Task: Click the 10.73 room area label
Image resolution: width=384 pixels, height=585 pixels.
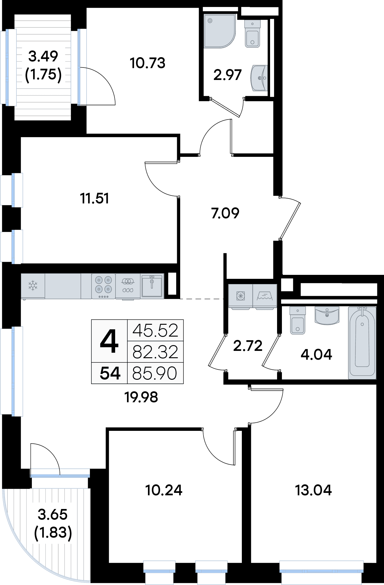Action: [x=147, y=63]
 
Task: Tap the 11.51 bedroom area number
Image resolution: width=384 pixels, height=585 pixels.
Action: [x=94, y=199]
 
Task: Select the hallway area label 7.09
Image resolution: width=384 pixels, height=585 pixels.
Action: [x=225, y=213]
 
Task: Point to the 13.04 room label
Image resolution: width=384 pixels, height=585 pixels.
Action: [x=314, y=490]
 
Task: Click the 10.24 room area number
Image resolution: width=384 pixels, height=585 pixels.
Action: [x=164, y=490]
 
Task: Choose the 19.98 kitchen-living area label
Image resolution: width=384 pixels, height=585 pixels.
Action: [x=141, y=397]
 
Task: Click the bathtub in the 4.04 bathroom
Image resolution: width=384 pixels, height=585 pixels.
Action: [x=362, y=342]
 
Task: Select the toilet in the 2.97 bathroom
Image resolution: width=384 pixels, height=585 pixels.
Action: [x=252, y=34]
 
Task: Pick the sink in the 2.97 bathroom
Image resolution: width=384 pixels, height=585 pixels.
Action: [x=259, y=78]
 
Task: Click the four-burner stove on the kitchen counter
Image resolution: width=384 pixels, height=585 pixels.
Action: [x=103, y=286]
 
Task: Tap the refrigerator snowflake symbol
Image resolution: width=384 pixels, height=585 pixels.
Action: [x=33, y=286]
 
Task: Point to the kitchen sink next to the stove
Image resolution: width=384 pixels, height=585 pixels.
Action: [x=152, y=286]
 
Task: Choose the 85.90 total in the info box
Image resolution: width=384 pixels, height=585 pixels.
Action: [x=155, y=373]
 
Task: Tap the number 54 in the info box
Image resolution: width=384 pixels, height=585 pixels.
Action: [x=110, y=373]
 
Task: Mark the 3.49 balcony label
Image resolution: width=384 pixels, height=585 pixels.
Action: [x=43, y=56]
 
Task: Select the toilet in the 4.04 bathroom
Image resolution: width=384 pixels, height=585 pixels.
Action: [x=297, y=320]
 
